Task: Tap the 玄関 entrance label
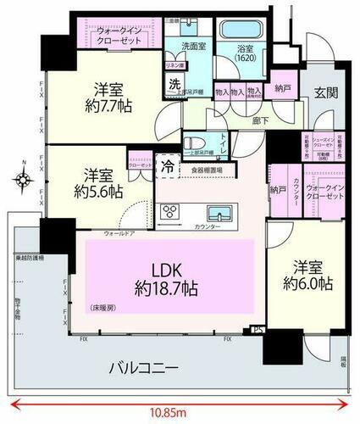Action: coord(326,92)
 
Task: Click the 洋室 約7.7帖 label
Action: coord(105,97)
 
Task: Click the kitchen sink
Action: coord(218,211)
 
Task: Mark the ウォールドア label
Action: coord(119,232)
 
